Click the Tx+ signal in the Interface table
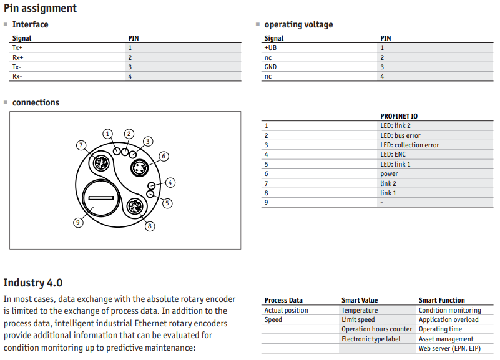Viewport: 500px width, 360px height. (17, 48)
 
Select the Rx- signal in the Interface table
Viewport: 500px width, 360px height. (17, 77)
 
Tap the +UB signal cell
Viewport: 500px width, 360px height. (270, 48)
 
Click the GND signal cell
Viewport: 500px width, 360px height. (270, 67)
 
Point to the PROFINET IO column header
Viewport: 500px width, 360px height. (399, 116)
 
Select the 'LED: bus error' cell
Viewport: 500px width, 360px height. (400, 135)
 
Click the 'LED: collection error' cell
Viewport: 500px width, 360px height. (409, 145)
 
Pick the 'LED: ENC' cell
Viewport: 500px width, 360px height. (393, 155)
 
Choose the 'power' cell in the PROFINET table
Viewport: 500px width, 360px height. (389, 174)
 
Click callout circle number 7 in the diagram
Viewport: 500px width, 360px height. (81, 145)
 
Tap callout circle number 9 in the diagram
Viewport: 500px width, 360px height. (78, 222)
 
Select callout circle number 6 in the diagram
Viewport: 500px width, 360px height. (164, 156)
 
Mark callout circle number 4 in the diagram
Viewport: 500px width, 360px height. (170, 183)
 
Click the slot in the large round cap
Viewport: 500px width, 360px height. (100, 198)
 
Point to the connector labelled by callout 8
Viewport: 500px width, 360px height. (135, 206)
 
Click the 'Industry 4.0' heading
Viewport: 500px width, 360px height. (33, 283)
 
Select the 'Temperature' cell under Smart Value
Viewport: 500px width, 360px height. (360, 310)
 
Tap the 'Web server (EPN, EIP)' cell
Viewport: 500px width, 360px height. (449, 348)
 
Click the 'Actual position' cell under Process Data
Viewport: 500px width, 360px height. (286, 310)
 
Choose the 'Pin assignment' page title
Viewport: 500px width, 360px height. (40, 8)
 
